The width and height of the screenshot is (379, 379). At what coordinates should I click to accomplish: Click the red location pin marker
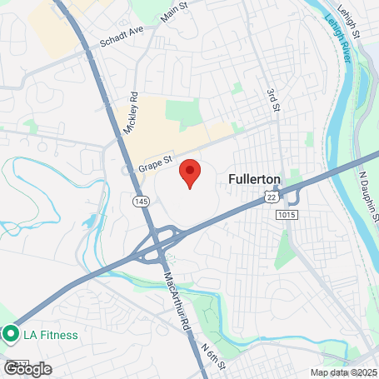190,173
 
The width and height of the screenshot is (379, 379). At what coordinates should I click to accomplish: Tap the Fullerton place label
254,179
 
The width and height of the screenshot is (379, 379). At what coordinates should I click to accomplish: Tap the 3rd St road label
272,96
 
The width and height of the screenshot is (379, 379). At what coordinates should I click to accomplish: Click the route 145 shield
139,201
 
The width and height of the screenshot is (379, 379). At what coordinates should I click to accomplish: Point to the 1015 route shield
287,215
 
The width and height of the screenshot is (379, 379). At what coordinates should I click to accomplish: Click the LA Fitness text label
50,336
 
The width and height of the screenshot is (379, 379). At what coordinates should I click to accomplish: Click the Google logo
27,368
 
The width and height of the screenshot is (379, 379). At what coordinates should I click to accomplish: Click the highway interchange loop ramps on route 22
158,242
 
